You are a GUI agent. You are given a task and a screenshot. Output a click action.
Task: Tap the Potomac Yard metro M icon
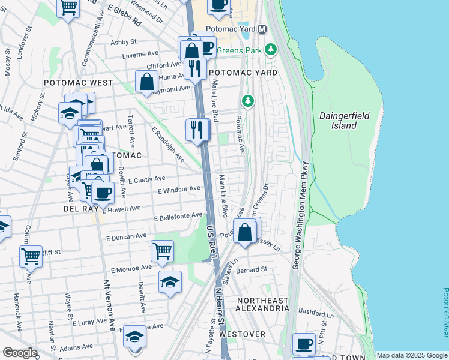point(262,29)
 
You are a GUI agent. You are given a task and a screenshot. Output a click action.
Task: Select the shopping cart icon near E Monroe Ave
point(162,251)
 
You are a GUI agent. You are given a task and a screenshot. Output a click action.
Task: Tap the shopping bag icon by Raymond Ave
point(146,81)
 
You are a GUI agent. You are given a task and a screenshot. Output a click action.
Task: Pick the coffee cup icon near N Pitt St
point(304,344)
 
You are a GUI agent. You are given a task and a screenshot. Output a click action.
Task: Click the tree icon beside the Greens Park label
point(271,49)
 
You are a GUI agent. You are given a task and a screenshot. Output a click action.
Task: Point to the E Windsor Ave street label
point(178,189)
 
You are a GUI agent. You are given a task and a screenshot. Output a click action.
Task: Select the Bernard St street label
point(252,270)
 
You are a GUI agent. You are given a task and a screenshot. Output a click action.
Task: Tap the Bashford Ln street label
point(317,314)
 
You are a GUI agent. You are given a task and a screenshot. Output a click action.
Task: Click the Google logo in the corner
point(20,353)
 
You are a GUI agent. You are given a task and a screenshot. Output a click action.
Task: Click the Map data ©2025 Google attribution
point(411,355)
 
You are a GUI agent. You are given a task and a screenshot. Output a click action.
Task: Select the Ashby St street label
point(124,42)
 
